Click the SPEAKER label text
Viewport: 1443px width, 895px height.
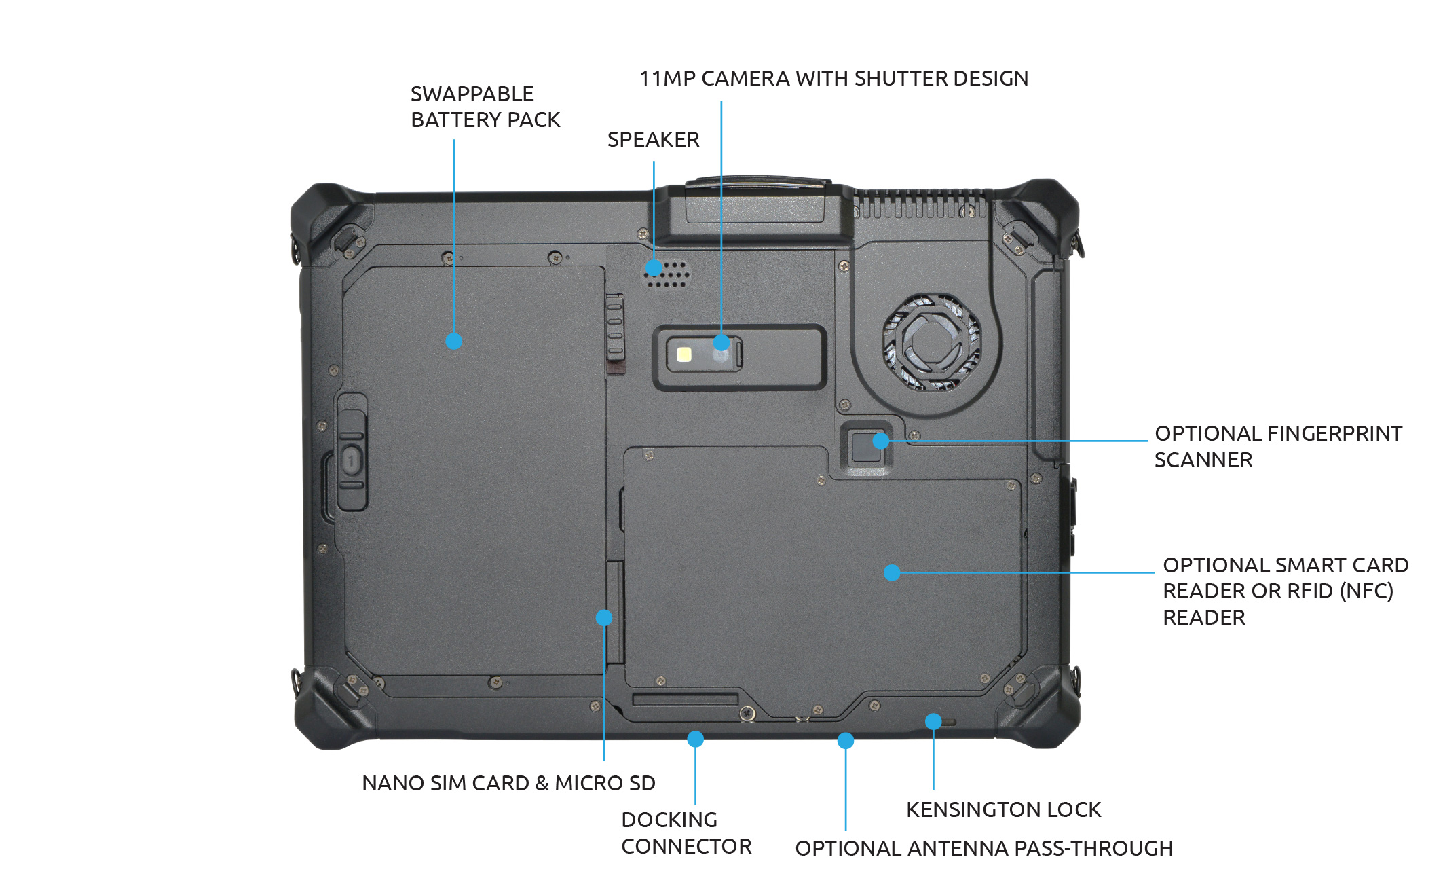[x=653, y=139]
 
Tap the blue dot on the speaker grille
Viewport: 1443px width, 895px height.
[x=654, y=268]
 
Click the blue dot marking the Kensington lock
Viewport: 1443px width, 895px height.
[x=933, y=721]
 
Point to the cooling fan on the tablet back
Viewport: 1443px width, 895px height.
[x=932, y=342]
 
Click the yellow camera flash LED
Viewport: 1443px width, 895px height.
[x=684, y=354]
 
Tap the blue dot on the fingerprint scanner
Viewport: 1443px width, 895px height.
[x=880, y=441]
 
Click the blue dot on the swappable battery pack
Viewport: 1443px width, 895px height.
[x=454, y=341]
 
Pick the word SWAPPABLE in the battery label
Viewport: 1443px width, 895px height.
[x=472, y=94]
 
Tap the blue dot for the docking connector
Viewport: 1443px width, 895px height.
[x=695, y=739]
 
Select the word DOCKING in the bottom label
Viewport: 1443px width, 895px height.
[x=669, y=820]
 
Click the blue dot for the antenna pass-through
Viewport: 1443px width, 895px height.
[x=845, y=740]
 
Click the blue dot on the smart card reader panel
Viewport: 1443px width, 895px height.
[x=892, y=572]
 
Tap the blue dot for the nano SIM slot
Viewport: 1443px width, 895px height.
[x=604, y=617]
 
